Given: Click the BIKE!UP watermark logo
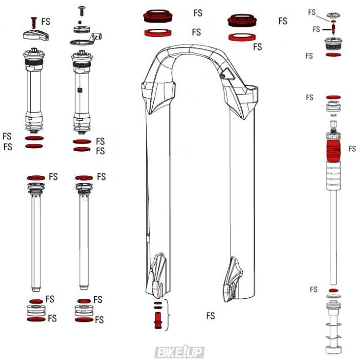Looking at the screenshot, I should point(180,352).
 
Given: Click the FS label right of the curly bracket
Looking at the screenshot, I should point(210,315).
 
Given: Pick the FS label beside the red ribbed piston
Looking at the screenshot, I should point(352,149).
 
